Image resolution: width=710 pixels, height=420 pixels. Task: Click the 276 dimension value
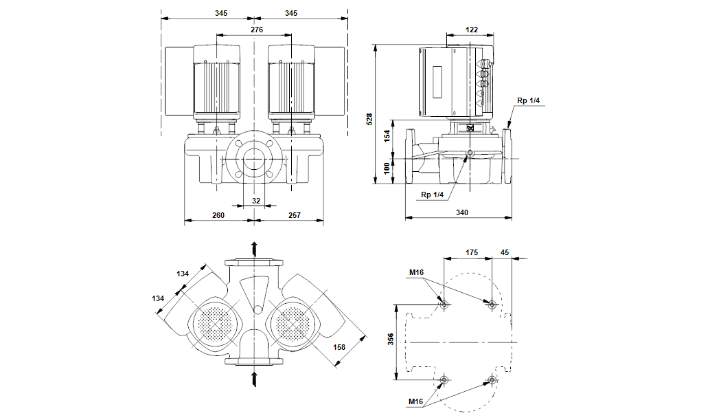[x=256, y=30]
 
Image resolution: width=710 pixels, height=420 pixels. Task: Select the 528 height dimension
[x=369, y=119]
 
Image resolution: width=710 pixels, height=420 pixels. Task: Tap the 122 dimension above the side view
[x=471, y=30]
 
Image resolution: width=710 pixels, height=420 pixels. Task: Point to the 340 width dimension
[x=461, y=213]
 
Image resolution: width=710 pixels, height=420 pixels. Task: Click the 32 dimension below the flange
[x=256, y=201]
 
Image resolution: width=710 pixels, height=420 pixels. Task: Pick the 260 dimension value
[x=218, y=216]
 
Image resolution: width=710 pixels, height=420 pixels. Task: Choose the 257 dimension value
[x=293, y=216]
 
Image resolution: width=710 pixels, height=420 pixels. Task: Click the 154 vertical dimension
[x=387, y=137]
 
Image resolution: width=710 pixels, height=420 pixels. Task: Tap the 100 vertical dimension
[x=387, y=168]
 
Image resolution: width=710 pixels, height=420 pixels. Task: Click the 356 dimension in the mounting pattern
[x=389, y=341]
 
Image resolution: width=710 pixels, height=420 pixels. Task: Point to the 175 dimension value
[x=472, y=253]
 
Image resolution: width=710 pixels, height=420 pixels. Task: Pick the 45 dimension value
[x=505, y=253]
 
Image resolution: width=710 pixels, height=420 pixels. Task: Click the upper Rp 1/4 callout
[x=529, y=101]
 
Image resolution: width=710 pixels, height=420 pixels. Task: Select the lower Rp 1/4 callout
[x=433, y=195]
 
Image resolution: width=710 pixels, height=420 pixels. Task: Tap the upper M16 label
[x=416, y=272]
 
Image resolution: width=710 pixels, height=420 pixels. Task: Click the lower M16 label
[x=415, y=401]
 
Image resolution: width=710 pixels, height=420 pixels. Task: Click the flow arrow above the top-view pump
[x=254, y=248]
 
